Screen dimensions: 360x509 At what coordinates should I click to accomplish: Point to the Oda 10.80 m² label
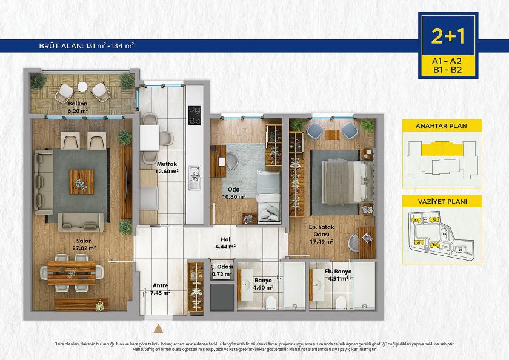coord(233,192)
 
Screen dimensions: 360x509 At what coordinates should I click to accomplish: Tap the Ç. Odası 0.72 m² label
coord(221,270)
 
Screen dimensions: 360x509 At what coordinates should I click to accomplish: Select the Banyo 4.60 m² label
coord(262,284)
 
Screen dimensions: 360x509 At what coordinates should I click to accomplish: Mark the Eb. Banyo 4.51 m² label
coord(336,275)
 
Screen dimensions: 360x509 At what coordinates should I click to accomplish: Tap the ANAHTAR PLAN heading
coord(442,126)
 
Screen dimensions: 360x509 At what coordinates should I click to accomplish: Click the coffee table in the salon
coord(81,181)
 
